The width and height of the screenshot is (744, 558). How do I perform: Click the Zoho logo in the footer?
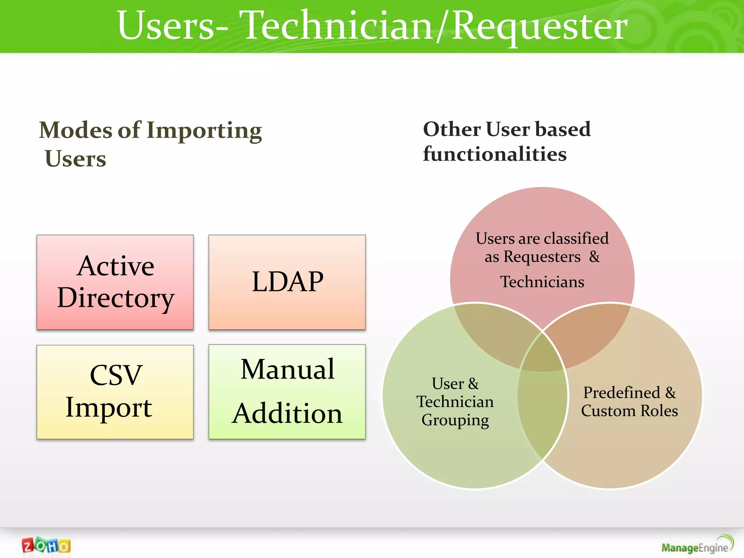click(x=46, y=545)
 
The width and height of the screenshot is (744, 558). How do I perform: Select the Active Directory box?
click(x=115, y=282)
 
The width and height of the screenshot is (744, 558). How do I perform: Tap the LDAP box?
click(x=287, y=282)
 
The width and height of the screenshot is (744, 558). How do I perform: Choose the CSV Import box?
click(x=115, y=392)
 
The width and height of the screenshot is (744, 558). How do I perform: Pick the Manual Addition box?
click(x=287, y=392)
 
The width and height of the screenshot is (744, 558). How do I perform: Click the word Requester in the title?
click(x=540, y=25)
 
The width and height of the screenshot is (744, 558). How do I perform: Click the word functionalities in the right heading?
click(x=495, y=154)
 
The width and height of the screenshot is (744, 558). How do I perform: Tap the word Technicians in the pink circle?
click(x=542, y=282)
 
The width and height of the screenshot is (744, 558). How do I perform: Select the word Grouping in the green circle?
click(x=455, y=420)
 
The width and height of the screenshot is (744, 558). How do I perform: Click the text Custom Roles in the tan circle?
click(x=629, y=411)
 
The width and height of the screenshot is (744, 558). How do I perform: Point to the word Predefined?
click(x=622, y=393)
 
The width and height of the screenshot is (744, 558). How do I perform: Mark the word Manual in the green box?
click(x=287, y=369)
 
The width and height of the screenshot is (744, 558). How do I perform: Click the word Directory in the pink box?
click(x=116, y=298)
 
